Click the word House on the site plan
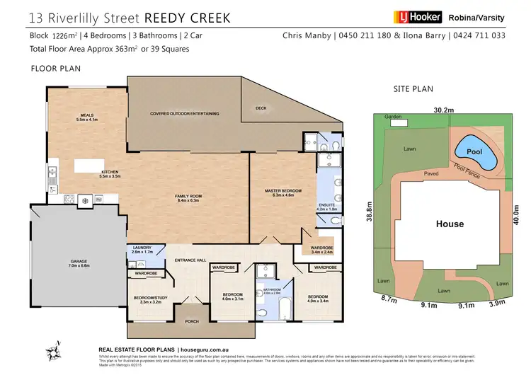[x=450, y=224]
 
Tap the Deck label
[x=261, y=108]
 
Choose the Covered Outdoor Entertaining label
[x=184, y=114]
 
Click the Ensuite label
[x=326, y=207]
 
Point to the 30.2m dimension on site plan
[x=444, y=110]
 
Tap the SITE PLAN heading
[x=413, y=89]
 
